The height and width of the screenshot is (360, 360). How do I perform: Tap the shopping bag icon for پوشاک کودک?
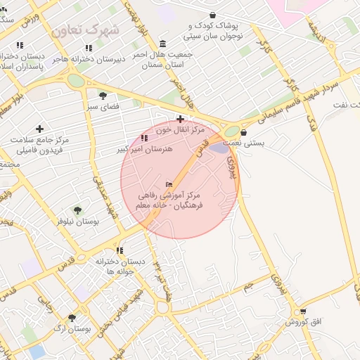pos(213,15)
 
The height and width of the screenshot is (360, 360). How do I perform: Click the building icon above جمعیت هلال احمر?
pos(163,43)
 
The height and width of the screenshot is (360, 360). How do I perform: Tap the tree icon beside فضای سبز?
pos(103,96)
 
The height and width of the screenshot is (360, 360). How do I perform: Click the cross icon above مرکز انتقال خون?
pos(181,119)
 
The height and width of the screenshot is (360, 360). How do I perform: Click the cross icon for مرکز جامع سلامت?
pos(39,129)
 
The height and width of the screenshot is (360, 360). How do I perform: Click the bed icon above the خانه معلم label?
pos(168,184)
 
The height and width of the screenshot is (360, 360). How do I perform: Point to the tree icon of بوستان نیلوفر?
pos(77,210)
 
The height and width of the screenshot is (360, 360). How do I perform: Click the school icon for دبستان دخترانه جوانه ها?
pos(120,250)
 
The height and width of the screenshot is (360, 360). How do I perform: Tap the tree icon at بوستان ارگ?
pos(71,318)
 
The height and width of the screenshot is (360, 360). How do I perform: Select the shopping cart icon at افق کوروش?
pos(303,311)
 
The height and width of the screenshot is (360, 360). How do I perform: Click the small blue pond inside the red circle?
pos(220,148)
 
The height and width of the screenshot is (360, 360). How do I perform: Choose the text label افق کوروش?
pos(303,321)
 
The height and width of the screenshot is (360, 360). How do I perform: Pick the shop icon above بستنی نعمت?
pos(243,132)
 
